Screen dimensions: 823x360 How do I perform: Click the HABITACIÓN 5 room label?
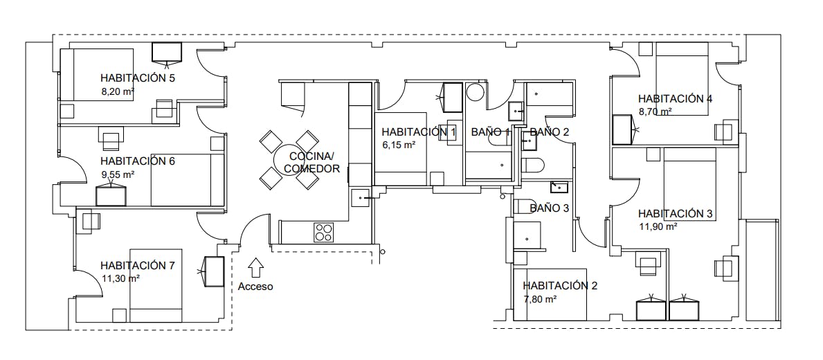138,78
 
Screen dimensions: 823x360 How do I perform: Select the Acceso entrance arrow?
256,268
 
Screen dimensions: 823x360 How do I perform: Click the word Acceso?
255,287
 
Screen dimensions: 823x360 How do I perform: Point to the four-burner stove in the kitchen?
324,233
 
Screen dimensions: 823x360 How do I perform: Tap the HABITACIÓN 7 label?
138,266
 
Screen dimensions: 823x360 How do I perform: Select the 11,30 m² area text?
120,279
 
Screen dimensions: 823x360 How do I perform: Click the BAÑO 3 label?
549,208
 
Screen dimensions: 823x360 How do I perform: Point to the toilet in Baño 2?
533,165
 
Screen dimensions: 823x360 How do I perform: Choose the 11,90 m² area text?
658,226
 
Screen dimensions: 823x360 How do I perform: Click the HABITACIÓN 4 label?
676,99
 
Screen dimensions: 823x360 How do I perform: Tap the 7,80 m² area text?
540,299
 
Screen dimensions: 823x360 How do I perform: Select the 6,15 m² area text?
399,145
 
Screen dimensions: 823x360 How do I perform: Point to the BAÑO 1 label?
491,132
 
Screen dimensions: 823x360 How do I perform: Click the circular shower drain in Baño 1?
476,92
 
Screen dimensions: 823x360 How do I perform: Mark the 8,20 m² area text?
118,91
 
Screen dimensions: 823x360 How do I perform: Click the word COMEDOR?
311,169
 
